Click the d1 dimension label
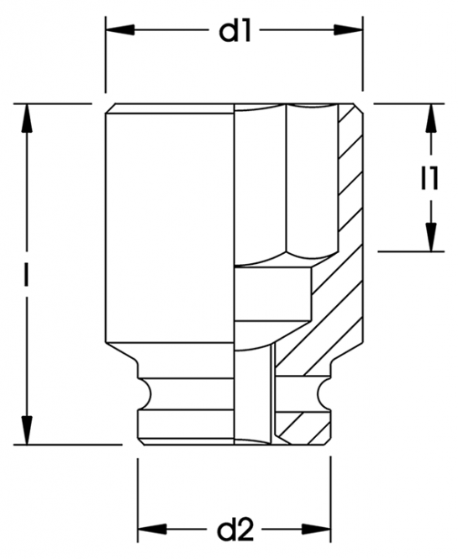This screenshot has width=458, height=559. click(234, 31)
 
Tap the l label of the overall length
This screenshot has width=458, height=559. click(26, 274)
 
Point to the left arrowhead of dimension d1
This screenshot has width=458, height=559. click(120, 30)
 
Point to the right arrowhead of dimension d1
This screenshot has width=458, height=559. click(348, 30)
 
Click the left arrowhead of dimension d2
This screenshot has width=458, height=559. click(153, 530)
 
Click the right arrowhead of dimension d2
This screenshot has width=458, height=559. click(316, 530)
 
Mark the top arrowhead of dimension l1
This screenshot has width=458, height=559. click(431, 119)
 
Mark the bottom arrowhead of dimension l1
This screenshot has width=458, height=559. click(431, 237)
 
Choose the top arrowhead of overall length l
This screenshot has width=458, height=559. click(27, 119)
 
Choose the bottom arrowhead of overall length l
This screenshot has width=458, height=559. click(27, 430)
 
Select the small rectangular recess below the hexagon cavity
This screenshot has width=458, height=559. click(273, 295)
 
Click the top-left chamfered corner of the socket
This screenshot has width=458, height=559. click(110, 108)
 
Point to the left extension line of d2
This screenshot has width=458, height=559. click(138, 499)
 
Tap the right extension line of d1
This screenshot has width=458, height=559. click(362, 54)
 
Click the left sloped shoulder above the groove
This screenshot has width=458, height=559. click(122, 352)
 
